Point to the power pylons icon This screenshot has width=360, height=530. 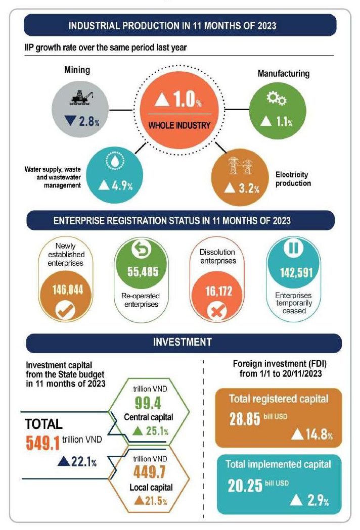(x=241, y=166)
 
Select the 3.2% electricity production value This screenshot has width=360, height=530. (x=242, y=188)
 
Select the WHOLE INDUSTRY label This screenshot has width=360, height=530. (x=178, y=125)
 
